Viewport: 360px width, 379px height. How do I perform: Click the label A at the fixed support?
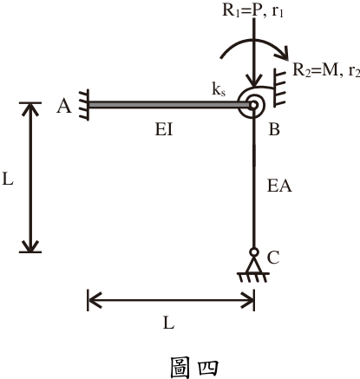coord(64,106)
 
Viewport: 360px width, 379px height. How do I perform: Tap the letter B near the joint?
coord(274,129)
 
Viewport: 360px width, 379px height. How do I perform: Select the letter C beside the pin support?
coord(273,258)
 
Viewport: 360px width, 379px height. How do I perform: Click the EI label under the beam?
coord(164,129)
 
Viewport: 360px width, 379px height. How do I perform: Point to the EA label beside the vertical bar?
coord(279,186)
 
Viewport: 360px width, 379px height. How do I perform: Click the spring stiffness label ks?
coord(219,89)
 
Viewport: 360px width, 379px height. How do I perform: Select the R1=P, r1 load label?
coord(252,10)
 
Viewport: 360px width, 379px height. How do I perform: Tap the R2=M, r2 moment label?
coord(326,70)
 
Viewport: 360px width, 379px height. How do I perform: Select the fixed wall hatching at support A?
coord(84,105)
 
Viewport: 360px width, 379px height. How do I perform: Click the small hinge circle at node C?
coord(254,252)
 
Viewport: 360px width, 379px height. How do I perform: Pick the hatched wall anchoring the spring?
coord(279,88)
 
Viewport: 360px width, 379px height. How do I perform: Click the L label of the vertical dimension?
coord(8,179)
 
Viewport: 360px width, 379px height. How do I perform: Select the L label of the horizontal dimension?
coord(169,323)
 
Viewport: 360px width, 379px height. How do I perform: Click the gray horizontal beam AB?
coord(169,105)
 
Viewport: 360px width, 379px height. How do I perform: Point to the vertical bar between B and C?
coord(254,179)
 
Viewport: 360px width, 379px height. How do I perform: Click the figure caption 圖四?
coord(193,367)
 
